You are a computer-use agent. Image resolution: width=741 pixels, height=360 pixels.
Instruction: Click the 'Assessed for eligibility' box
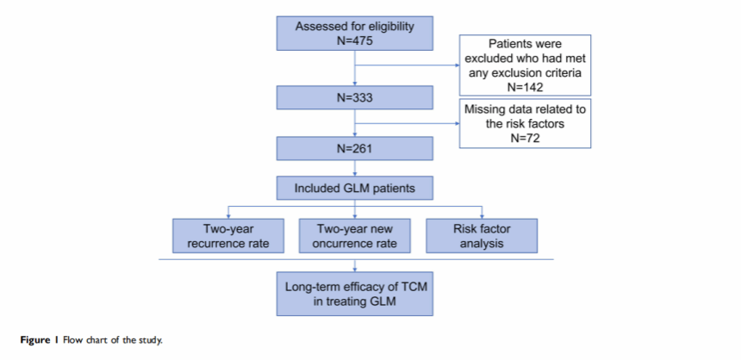[x=354, y=33]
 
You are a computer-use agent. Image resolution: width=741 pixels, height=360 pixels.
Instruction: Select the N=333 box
[x=354, y=98]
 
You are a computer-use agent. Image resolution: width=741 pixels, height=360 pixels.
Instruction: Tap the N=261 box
[x=354, y=148]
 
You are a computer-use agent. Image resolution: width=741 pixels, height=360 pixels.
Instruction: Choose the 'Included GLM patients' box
[x=354, y=188]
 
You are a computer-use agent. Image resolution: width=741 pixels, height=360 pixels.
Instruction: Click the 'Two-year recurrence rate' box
[x=227, y=236]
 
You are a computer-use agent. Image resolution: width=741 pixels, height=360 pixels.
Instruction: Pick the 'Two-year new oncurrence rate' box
[x=354, y=236]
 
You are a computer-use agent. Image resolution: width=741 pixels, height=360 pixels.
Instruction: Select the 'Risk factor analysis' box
[x=482, y=236]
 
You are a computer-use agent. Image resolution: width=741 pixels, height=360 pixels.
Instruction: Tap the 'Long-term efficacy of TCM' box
[x=354, y=294]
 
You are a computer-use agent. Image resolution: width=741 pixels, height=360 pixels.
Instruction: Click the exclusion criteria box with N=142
[x=525, y=65]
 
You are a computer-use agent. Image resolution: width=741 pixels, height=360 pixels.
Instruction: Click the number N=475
[x=354, y=40]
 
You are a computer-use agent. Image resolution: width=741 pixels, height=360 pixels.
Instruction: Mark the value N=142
[x=525, y=86]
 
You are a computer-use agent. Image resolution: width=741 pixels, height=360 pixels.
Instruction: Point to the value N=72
[x=525, y=139]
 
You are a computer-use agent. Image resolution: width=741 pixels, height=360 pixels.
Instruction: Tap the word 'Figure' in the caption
[x=34, y=340]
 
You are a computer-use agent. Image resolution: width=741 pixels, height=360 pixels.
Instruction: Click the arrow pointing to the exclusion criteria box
[x=407, y=65]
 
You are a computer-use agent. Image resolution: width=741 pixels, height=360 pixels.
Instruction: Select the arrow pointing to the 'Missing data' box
[x=407, y=124]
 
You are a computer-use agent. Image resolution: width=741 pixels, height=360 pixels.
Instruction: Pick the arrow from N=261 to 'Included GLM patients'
[x=354, y=168]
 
